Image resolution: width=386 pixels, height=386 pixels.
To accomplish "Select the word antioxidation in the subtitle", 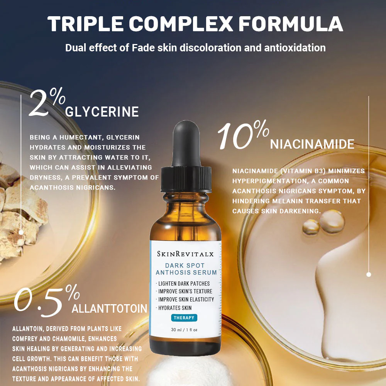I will (295, 48).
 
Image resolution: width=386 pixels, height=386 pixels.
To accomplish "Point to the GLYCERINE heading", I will (102, 112).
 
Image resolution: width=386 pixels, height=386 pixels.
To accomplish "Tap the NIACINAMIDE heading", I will (312, 144).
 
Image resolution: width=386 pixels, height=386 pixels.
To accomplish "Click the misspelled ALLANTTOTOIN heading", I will (110, 309).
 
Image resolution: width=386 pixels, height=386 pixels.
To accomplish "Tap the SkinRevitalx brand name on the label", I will (185, 254).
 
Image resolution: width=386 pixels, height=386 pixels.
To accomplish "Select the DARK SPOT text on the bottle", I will (185, 266).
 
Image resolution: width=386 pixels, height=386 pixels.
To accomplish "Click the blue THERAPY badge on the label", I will (184, 318).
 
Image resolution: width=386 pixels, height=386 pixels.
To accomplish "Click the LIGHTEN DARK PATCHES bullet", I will (184, 283).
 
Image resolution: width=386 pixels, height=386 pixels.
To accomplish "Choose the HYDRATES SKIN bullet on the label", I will (175, 308).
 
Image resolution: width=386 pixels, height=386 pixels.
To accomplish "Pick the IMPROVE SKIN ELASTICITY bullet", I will (186, 300).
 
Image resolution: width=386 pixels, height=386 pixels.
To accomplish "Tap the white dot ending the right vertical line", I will (369, 274).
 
